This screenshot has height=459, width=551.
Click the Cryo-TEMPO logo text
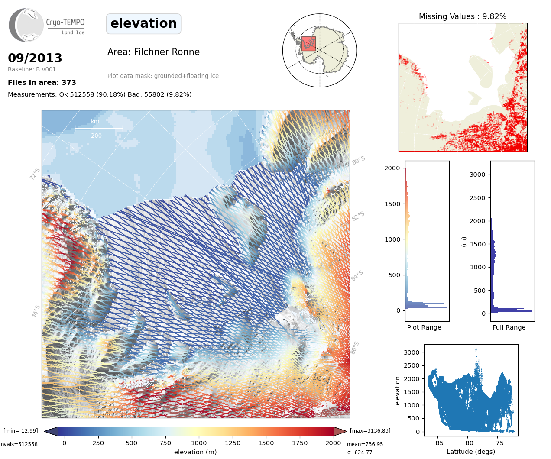(65, 23)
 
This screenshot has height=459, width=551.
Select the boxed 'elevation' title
(143, 23)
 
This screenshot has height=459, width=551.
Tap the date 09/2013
(35, 58)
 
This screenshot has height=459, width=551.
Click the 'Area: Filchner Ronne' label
(153, 52)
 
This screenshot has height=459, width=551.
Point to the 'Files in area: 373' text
(42, 82)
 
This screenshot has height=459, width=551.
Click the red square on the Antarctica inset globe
(308, 44)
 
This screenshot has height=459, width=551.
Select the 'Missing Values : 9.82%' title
(462, 16)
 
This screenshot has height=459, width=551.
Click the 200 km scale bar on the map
(99, 128)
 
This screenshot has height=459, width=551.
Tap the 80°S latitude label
(358, 161)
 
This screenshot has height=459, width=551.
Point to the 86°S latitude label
(355, 348)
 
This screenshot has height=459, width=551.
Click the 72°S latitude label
(35, 174)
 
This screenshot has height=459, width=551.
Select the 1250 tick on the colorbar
(233, 443)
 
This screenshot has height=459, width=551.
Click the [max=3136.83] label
(370, 431)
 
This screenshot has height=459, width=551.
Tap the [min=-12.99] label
(21, 431)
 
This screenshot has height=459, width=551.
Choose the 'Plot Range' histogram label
(424, 327)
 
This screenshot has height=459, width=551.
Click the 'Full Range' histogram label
(509, 327)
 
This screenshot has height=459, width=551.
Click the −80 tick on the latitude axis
(467, 443)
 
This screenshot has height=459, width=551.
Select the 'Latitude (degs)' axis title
(470, 452)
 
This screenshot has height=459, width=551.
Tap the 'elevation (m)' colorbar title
(195, 452)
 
